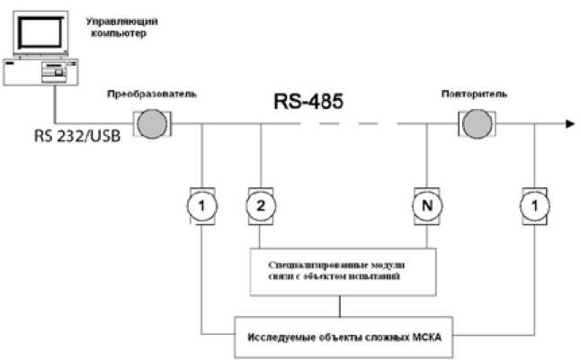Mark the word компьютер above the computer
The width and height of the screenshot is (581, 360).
119,32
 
